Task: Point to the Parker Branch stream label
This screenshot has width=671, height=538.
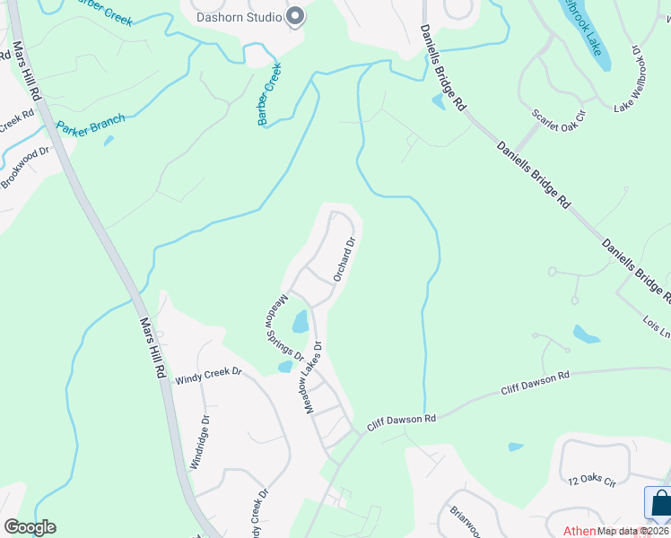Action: [x=90, y=122]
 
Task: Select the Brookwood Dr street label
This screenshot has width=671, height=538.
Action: [x=25, y=168]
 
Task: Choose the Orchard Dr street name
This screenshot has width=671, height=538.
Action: [x=344, y=259]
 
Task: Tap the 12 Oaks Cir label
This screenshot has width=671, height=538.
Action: [x=593, y=482]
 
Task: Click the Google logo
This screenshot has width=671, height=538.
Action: [x=30, y=527]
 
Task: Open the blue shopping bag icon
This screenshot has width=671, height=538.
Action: [x=660, y=505]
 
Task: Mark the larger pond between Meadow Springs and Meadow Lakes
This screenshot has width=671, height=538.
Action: [x=301, y=320]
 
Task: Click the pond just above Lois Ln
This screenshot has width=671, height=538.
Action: [x=586, y=334]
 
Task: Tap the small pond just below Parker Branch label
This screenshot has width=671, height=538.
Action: [x=109, y=140]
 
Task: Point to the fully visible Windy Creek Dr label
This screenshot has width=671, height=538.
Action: [x=209, y=371]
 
